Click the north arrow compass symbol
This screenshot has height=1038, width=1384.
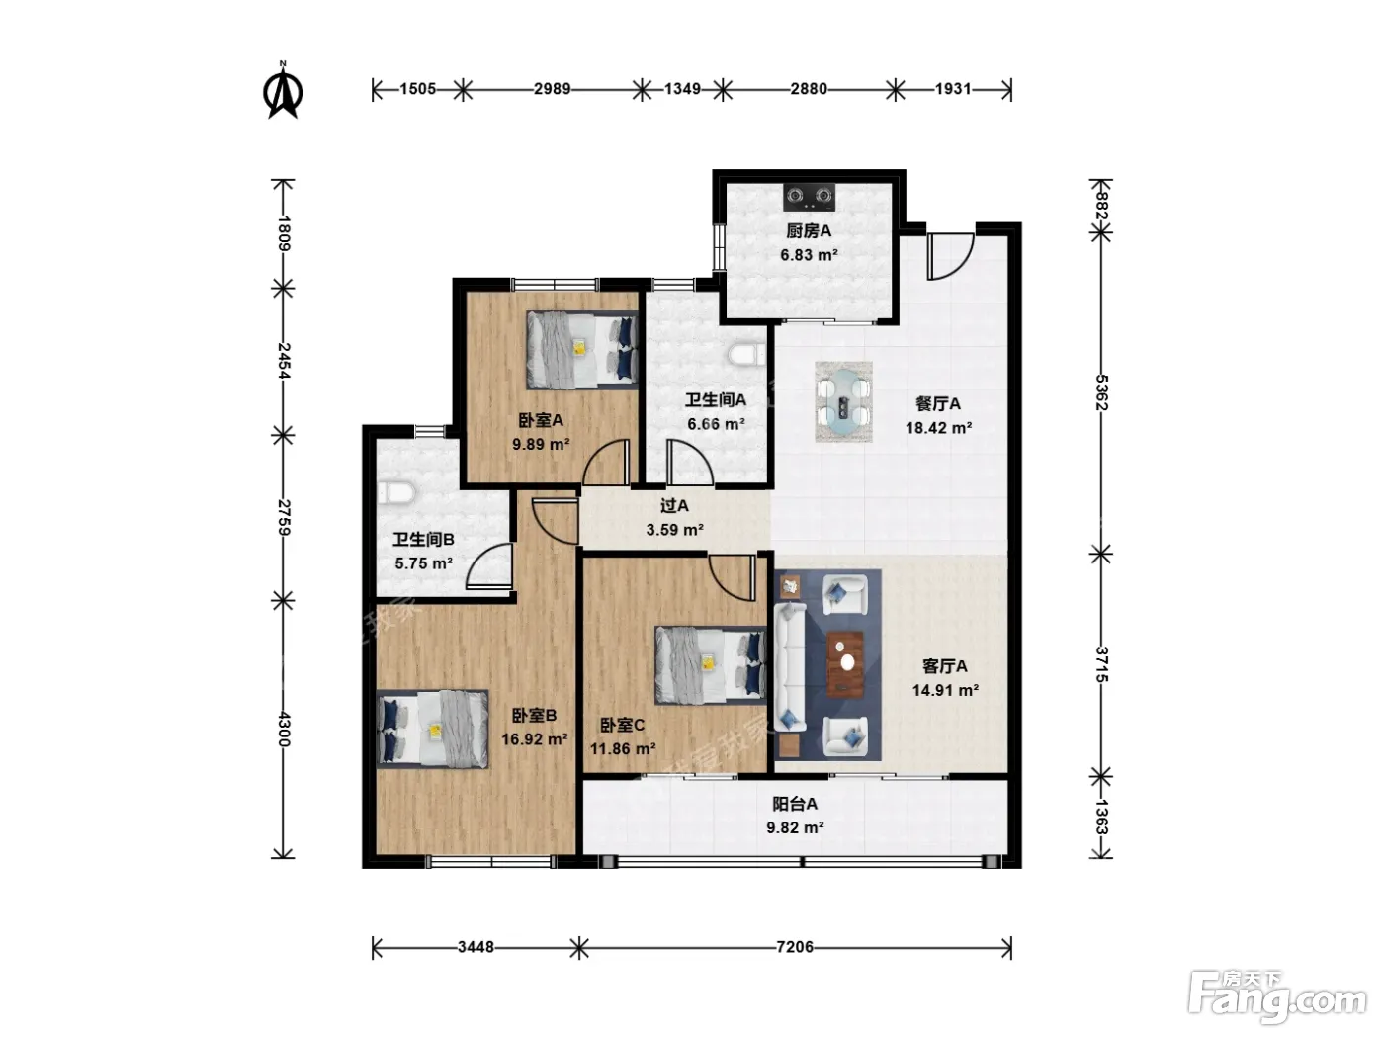click(x=283, y=90)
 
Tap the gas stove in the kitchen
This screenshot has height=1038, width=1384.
click(x=809, y=198)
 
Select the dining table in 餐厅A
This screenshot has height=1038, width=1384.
click(x=843, y=401)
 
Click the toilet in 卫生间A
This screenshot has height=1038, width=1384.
click(x=747, y=354)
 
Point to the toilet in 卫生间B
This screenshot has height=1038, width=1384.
click(x=396, y=493)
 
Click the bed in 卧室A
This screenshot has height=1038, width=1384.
click(x=581, y=350)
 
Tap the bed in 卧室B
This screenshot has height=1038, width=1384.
click(x=433, y=730)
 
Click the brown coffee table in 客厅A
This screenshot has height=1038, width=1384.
click(x=845, y=664)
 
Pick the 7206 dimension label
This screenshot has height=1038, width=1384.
click(x=795, y=947)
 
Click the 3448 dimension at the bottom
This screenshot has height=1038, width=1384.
click(x=476, y=947)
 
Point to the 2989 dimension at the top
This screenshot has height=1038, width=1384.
click(x=553, y=89)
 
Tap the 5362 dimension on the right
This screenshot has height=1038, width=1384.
click(x=1101, y=392)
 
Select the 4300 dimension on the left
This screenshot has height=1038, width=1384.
click(x=283, y=729)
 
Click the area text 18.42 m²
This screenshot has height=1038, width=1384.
click(x=938, y=428)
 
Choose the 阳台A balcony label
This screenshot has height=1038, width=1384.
click(x=795, y=804)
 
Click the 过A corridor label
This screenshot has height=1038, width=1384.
click(x=674, y=505)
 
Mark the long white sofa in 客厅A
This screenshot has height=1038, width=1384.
click(x=790, y=666)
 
